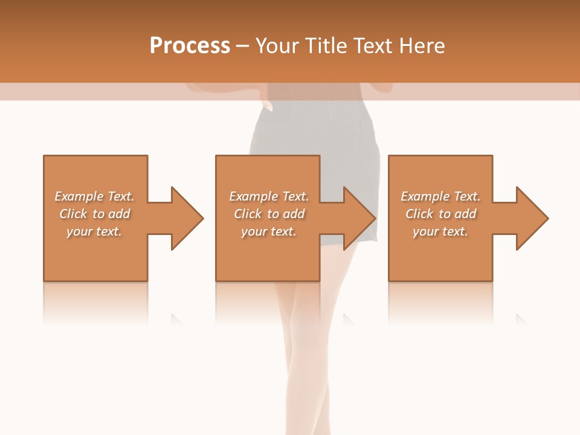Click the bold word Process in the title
point(190,46)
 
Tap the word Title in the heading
point(325,46)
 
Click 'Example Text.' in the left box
point(94,196)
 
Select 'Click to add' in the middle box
point(269,214)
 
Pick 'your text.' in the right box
point(440,231)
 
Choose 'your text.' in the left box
point(94,231)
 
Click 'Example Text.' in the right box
point(440,196)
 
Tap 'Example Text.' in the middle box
point(269,196)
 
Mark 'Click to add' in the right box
point(440,214)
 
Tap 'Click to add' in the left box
point(94,214)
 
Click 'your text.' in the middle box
point(269,231)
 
